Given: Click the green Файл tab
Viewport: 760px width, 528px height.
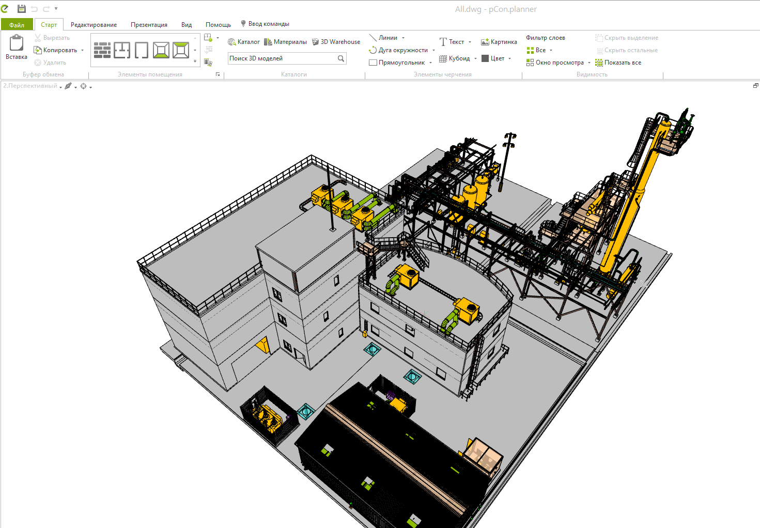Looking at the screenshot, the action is (17, 25).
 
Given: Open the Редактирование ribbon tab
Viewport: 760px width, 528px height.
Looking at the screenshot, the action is (94, 25).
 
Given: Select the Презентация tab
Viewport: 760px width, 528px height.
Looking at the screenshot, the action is (149, 25).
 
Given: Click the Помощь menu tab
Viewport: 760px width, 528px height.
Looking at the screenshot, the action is (218, 25).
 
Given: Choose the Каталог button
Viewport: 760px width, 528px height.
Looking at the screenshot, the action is (244, 42).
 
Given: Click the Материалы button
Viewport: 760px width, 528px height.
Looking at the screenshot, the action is (285, 42).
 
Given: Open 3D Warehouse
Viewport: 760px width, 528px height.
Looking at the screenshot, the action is (336, 42).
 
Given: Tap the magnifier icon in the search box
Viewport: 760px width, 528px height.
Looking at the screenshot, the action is (341, 58).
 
